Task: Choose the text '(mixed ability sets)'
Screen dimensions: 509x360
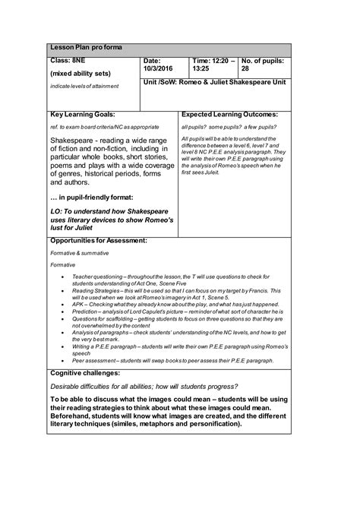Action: coord(81,74)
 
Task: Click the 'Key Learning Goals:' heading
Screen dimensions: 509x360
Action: coord(82,113)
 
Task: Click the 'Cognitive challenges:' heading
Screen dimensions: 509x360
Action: coord(85,374)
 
